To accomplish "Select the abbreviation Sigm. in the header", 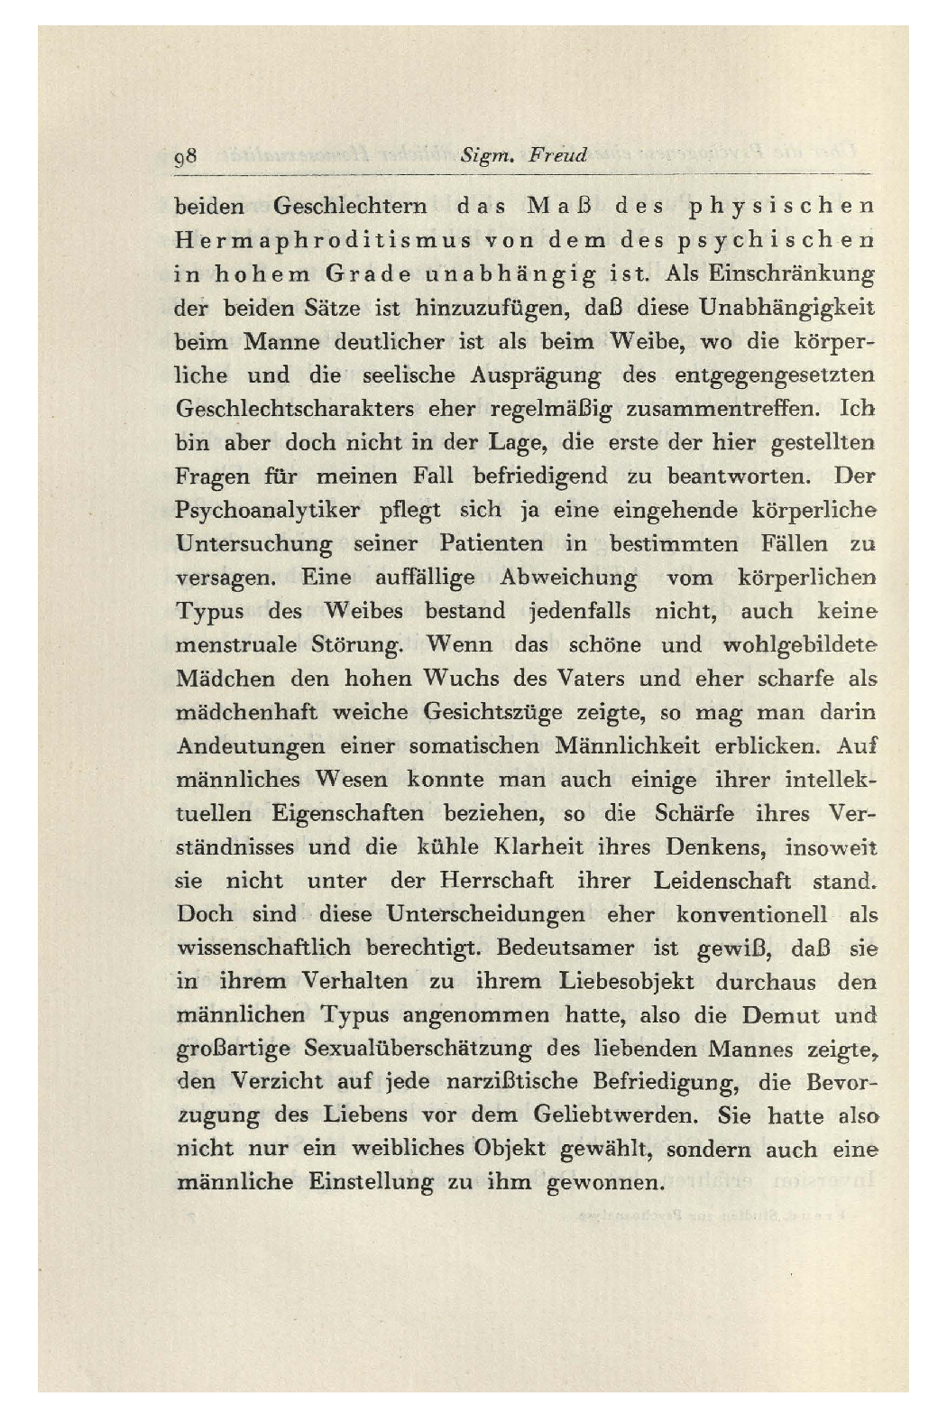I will [487, 156].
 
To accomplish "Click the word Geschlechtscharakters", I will [294, 409].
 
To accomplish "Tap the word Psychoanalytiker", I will [267, 511].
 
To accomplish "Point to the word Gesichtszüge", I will [492, 713].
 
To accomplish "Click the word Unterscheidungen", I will [485, 914].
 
